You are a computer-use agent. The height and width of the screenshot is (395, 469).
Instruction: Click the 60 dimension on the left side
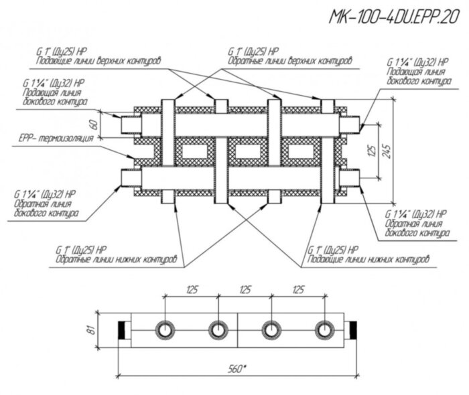(94, 123)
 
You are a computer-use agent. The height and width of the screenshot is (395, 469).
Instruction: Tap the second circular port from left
(218, 330)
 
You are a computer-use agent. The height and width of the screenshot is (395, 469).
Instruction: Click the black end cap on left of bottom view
(124, 330)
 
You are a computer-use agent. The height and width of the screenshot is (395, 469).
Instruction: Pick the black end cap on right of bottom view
(353, 330)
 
